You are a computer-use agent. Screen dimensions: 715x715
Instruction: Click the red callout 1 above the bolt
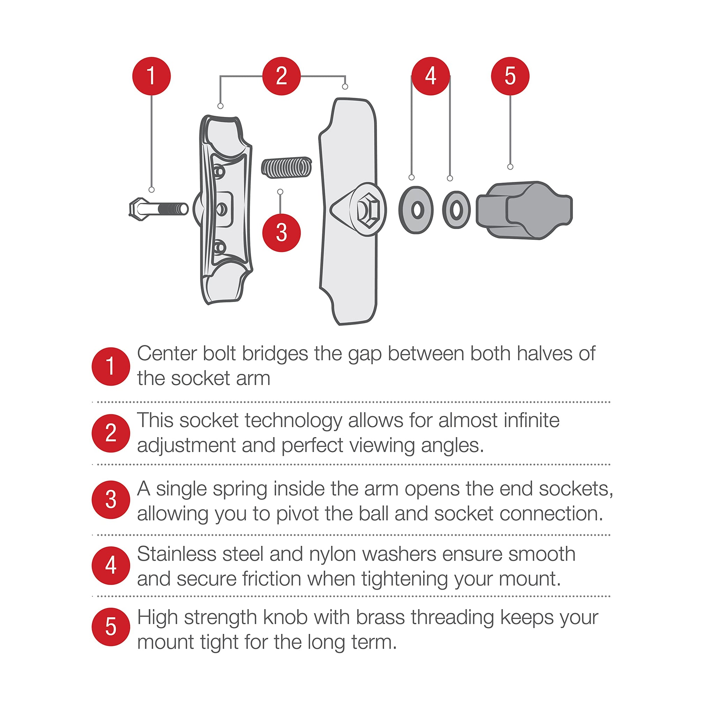(152, 76)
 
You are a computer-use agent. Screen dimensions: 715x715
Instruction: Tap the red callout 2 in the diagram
(282, 76)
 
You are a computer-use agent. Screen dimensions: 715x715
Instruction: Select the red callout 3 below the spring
(282, 233)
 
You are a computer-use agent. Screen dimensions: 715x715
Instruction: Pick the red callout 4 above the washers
(431, 76)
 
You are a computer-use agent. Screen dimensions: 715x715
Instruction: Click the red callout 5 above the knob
(510, 76)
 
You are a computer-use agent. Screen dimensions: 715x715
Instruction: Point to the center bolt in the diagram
(159, 209)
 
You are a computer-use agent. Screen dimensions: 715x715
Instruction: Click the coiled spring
(286, 167)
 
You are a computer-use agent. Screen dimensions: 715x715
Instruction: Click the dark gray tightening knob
(524, 210)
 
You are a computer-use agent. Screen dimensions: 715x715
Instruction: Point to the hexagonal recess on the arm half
(368, 210)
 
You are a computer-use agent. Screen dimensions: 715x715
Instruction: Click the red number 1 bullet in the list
(111, 366)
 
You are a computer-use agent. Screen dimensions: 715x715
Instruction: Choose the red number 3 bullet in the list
(111, 500)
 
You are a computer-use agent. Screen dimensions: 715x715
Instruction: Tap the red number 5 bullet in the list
(111, 627)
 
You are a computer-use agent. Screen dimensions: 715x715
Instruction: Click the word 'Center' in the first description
(167, 353)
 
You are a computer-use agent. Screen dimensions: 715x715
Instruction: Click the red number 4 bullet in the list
(111, 566)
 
